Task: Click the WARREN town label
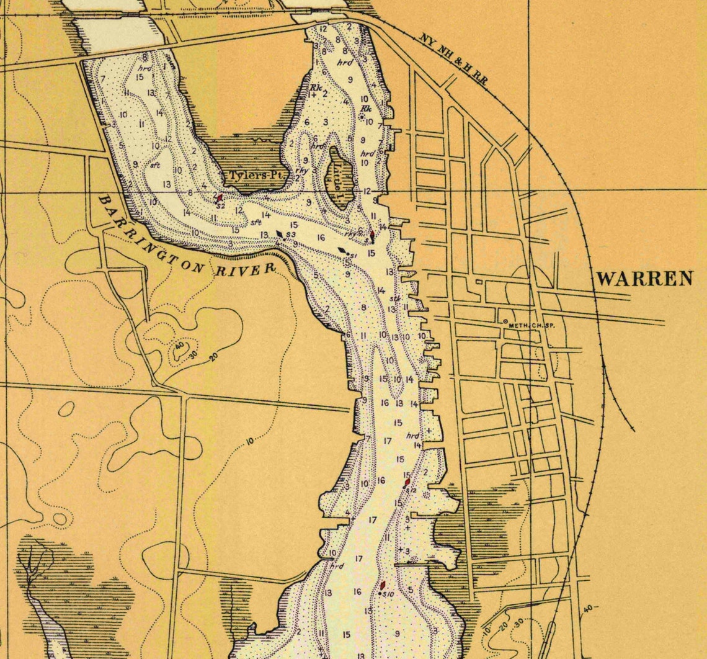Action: (x=644, y=279)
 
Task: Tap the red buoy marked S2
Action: (x=220, y=197)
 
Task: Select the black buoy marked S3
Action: (x=280, y=234)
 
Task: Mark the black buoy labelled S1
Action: (x=342, y=251)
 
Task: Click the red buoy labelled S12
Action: (x=407, y=482)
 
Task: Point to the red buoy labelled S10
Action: (x=383, y=585)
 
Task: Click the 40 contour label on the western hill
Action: (x=179, y=346)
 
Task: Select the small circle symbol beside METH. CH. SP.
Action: (x=505, y=321)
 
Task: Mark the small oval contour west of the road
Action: (x=66, y=408)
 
